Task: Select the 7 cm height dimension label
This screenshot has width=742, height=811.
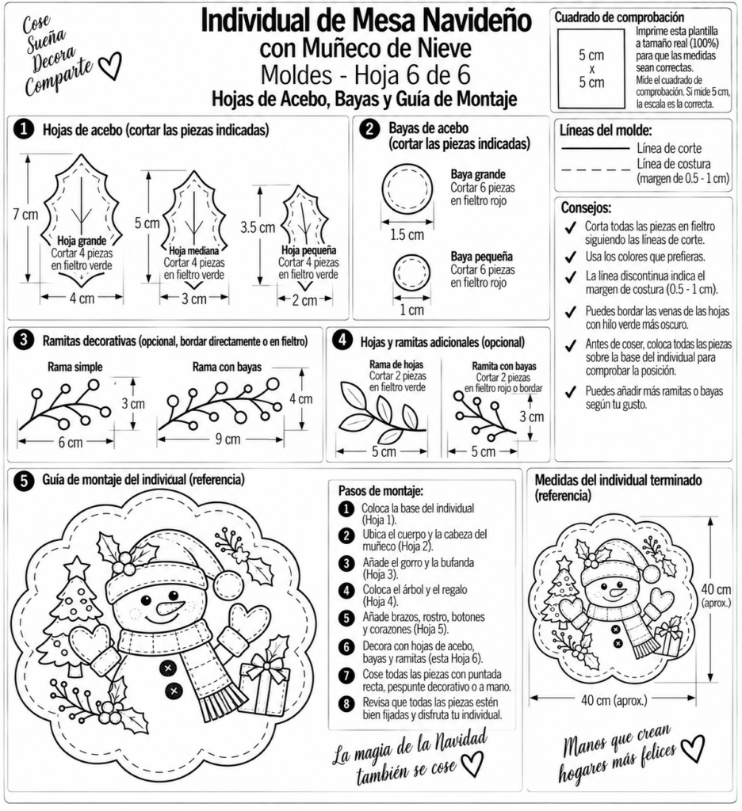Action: (25, 214)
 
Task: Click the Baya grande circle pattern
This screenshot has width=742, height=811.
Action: (407, 189)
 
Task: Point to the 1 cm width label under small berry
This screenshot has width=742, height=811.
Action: (411, 310)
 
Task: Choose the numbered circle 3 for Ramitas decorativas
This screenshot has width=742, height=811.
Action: (24, 341)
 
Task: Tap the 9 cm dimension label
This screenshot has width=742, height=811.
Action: (228, 439)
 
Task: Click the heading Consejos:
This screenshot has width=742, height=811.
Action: (586, 208)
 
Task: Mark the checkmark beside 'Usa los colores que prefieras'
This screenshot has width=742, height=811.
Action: (571, 257)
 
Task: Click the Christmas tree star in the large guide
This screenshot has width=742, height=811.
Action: (78, 565)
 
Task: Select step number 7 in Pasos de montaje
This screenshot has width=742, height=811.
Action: (346, 676)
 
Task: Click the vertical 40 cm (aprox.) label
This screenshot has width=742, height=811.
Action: (716, 594)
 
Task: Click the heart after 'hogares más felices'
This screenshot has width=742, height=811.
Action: (692, 748)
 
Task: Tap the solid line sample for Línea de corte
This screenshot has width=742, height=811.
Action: (595, 149)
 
